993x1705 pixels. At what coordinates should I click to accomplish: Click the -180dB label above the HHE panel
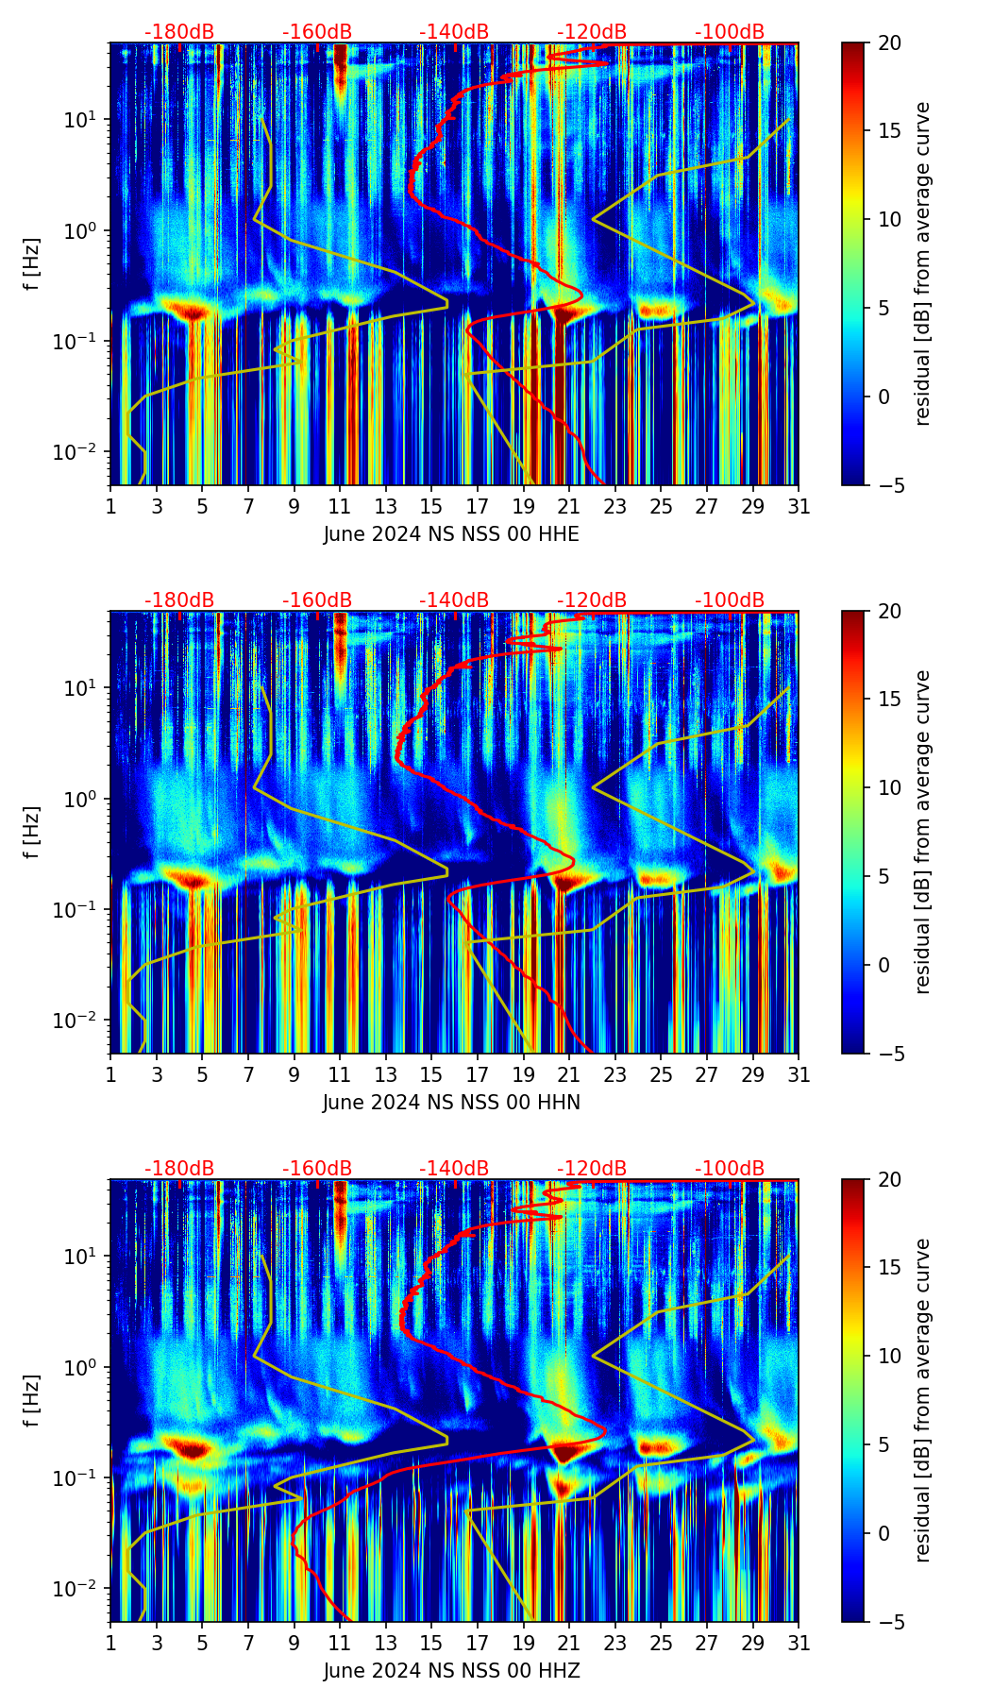[x=179, y=32]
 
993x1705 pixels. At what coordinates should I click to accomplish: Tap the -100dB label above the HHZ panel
[x=730, y=1169]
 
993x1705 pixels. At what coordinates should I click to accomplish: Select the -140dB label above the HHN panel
[x=454, y=600]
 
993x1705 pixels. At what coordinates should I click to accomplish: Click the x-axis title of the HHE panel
[x=451, y=534]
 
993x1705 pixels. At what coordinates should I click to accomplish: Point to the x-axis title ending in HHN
[x=451, y=1103]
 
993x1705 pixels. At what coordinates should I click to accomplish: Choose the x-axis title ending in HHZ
[x=451, y=1671]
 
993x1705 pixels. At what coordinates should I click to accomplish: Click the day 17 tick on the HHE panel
[x=478, y=506]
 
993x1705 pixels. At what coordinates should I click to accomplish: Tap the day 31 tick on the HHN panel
[x=799, y=1074]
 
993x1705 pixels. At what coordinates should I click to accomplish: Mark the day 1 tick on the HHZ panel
[x=111, y=1643]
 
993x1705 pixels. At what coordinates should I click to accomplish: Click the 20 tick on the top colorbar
[x=890, y=42]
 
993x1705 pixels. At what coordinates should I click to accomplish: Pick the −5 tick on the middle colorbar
[x=890, y=1053]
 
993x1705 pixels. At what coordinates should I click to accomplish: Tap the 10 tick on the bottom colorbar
[x=890, y=1356]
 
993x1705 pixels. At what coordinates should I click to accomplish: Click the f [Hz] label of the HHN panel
[x=32, y=832]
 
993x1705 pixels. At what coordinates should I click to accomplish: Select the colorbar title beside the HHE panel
[x=922, y=263]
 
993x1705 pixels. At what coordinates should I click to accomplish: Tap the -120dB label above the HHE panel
[x=592, y=32]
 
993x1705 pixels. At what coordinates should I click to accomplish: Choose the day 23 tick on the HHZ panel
[x=615, y=1643]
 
